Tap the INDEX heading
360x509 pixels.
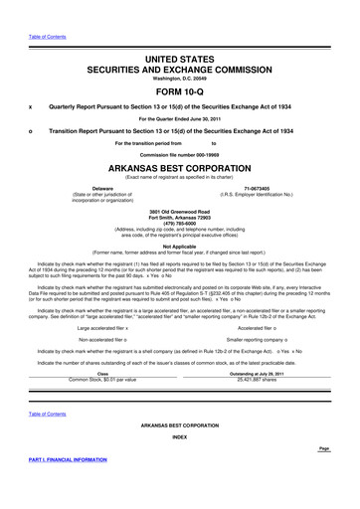[x=179, y=436]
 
